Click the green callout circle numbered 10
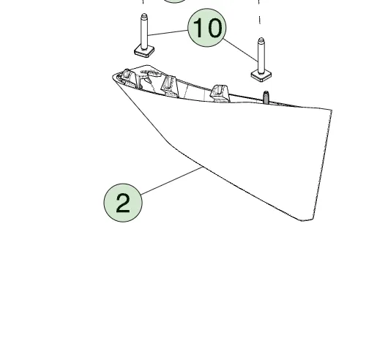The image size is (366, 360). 207,28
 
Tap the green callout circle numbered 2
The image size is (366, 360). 123,203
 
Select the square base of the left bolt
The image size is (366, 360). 144,51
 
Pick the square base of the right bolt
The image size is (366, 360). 261,75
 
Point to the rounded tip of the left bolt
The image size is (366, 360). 144,16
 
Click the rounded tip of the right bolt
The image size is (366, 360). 261,40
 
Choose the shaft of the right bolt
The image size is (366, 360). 261,57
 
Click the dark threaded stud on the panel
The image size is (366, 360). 266,97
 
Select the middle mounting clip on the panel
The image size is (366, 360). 169,86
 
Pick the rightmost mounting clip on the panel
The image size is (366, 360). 220,94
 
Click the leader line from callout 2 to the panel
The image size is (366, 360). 172,181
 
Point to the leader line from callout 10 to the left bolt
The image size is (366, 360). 168,33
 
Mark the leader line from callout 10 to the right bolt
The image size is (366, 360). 240,50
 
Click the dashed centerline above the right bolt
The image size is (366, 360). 259,12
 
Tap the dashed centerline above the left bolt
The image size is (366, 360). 143,1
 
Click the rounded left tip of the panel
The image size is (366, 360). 113,78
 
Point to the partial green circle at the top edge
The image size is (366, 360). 174,1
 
